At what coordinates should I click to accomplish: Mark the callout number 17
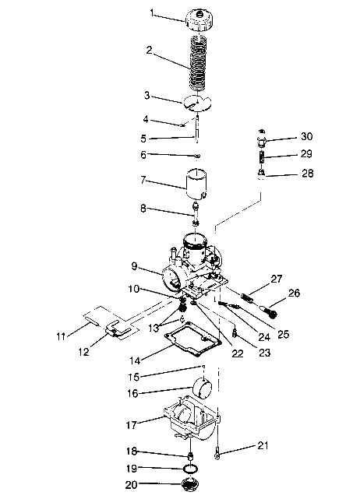click(x=130, y=425)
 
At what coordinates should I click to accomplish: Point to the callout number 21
click(x=263, y=445)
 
